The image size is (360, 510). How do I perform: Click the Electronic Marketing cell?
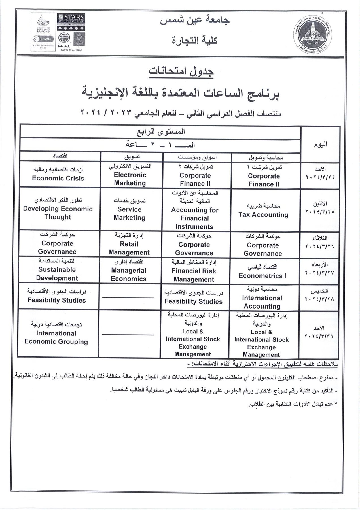point(130,175)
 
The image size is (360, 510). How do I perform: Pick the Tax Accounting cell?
point(263,210)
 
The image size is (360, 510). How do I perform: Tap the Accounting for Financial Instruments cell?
point(194,210)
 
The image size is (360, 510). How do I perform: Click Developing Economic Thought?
point(58,209)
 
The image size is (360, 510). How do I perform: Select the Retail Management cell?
point(129,244)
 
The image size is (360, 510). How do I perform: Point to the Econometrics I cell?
point(262,272)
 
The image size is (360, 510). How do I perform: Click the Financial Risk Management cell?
point(194,271)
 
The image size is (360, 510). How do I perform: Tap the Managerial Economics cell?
point(129,271)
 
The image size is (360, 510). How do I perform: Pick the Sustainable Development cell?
point(57,270)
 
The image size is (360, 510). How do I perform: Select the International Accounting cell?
point(262,298)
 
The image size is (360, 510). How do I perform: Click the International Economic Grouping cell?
point(56,333)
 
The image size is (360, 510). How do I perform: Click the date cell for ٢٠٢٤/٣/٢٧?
point(319,269)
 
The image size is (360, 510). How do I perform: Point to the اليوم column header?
point(320,144)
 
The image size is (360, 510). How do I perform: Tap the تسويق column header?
point(132,156)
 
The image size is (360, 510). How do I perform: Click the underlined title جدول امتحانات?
point(181,71)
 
